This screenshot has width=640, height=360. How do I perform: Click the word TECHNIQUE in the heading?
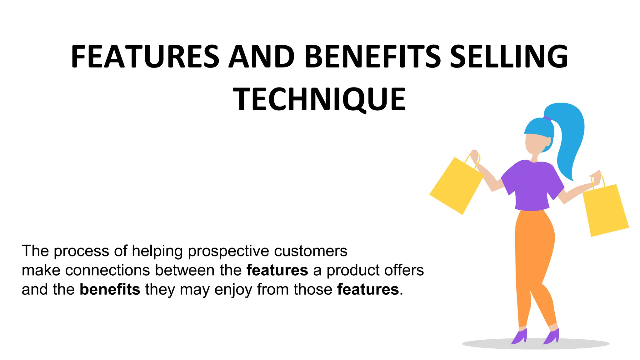319,99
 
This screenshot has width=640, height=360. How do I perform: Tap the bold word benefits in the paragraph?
110,289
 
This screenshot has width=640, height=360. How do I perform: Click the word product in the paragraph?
353,271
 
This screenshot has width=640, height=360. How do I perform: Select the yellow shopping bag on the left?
456,186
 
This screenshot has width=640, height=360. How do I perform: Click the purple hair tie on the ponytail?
547,118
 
